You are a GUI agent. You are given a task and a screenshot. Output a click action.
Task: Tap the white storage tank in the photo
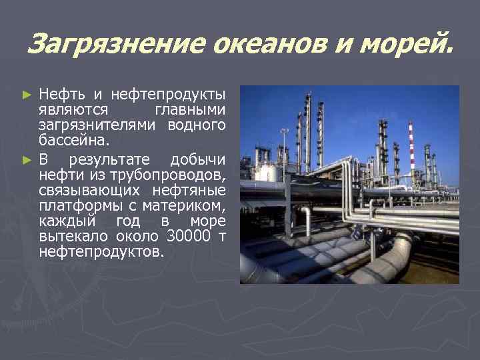pyautogui.click(x=270, y=173)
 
